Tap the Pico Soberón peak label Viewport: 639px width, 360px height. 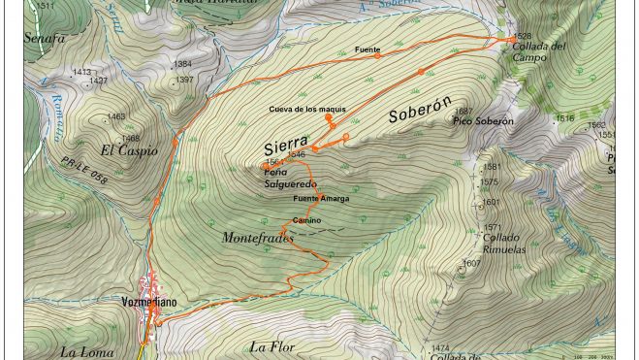[x=482, y=121]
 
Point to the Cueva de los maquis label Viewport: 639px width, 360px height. [x=306, y=109]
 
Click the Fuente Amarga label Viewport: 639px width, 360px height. [x=321, y=199]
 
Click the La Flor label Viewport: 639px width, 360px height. [x=271, y=347]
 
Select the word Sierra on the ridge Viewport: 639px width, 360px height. [x=286, y=146]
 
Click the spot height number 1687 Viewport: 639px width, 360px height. [x=463, y=112]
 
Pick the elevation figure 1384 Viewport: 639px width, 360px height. [x=182, y=64]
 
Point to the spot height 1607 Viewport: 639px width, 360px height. [x=470, y=263]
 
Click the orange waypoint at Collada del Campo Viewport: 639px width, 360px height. [x=513, y=39]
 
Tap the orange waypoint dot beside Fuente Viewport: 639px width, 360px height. [x=377, y=56]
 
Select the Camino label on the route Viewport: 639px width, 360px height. [x=306, y=220]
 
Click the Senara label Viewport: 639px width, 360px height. [x=45, y=38]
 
